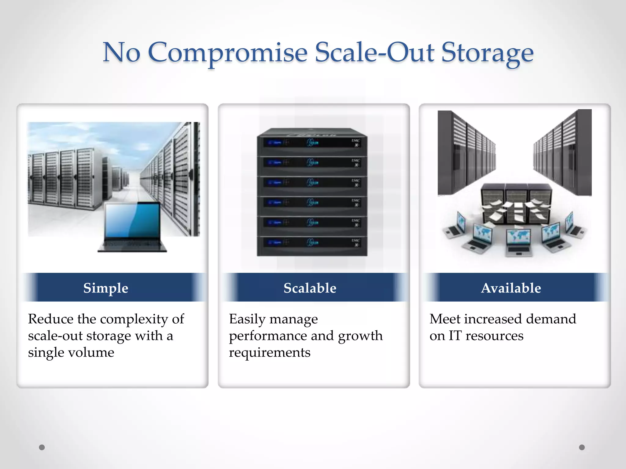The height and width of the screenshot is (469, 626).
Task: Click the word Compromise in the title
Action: [x=227, y=53]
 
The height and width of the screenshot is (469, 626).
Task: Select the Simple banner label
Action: [x=106, y=288]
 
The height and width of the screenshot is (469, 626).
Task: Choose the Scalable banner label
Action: [x=310, y=288]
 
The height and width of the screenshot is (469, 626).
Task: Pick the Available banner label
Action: [x=511, y=288]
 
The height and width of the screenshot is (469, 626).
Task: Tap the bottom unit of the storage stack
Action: [x=312, y=243]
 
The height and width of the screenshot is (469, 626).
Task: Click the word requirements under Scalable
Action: [x=270, y=353]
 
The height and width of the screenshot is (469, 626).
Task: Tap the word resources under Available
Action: [x=494, y=336]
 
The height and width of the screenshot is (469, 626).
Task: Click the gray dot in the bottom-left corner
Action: [x=42, y=447]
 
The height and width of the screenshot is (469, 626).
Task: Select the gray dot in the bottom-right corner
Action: [x=582, y=447]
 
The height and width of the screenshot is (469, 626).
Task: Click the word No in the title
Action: [x=121, y=53]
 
